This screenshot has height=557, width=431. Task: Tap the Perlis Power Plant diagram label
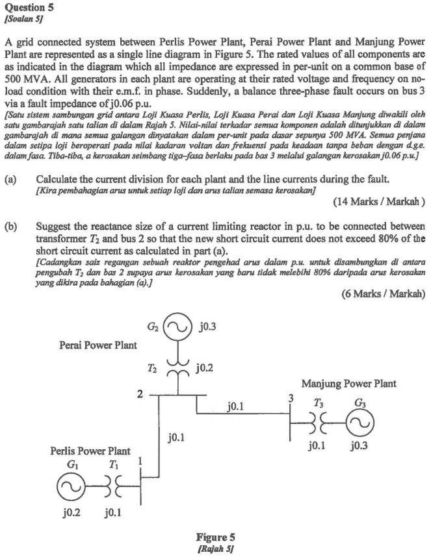90,450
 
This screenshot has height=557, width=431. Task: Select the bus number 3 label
292,399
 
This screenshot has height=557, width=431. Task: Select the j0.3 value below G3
361,447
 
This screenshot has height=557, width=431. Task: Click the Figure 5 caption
215,538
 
